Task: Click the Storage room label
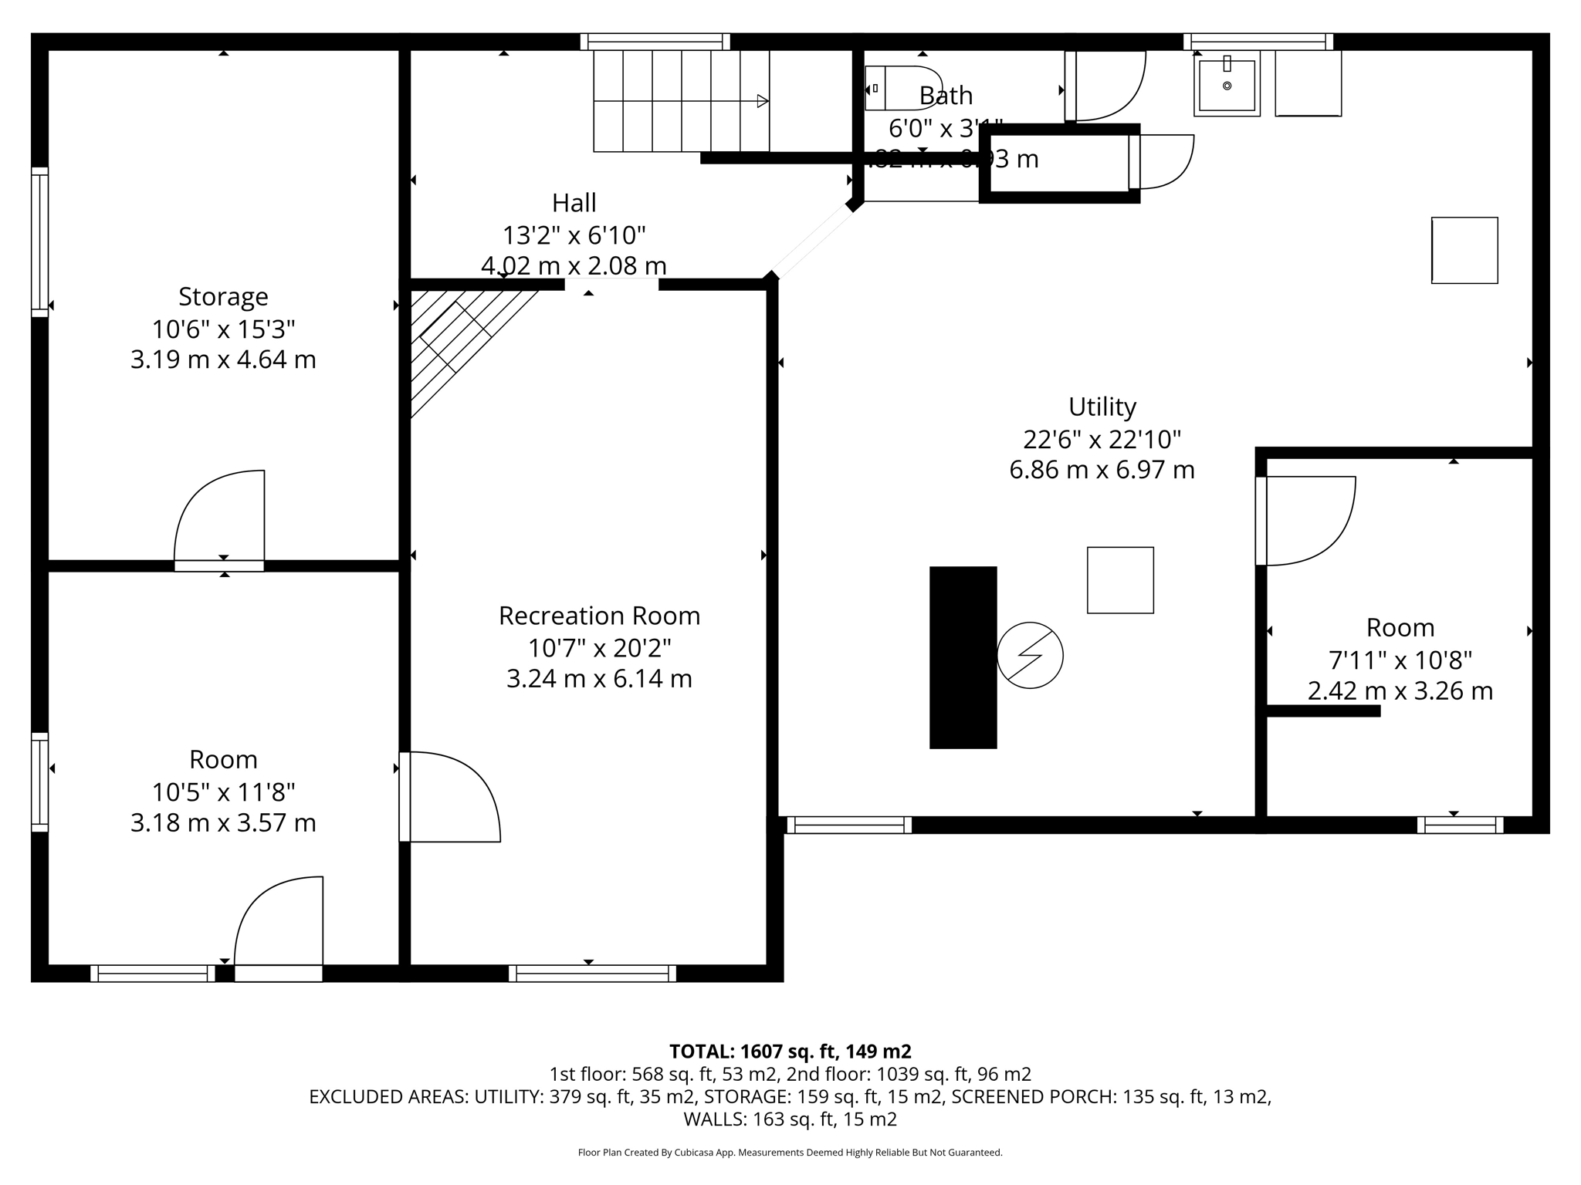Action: click(223, 296)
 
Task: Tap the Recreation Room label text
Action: click(599, 616)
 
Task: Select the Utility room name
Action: click(1102, 407)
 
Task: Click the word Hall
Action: click(574, 203)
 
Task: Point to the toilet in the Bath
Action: click(903, 88)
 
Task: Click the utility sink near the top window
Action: click(1227, 84)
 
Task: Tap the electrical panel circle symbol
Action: click(1030, 655)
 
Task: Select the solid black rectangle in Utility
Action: click(963, 657)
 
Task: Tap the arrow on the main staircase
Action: click(762, 101)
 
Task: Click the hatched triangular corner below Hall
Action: click(455, 339)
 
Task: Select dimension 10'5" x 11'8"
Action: click(223, 792)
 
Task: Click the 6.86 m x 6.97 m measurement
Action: click(1102, 470)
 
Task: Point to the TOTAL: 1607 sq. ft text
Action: click(790, 1052)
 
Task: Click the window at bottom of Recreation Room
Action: click(592, 973)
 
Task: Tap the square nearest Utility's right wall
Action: click(1464, 250)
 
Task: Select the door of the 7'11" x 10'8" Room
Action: click(1305, 521)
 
